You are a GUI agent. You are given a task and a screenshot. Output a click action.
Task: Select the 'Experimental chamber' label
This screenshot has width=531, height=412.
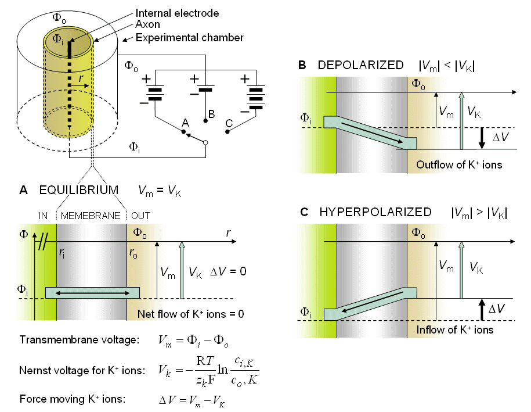coord(189,38)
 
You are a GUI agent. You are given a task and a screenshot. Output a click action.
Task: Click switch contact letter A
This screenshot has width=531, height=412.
coord(186,123)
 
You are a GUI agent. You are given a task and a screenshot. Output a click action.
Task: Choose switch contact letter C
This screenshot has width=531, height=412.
coord(229,123)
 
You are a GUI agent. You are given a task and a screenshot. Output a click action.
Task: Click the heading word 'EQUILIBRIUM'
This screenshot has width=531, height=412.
coord(79,190)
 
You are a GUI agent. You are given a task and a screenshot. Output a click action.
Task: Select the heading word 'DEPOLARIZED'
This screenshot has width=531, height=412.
coord(360,65)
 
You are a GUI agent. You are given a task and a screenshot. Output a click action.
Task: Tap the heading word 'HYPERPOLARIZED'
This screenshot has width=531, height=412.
coord(375,212)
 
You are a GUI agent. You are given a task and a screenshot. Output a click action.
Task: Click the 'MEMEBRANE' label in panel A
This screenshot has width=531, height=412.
coord(91,216)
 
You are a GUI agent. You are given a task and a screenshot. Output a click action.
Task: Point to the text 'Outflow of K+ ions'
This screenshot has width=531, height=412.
coord(459,165)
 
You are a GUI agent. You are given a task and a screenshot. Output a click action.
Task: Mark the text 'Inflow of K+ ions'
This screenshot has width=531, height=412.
coord(455,330)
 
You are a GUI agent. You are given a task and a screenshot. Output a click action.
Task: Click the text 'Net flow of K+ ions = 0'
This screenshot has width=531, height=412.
coord(190,314)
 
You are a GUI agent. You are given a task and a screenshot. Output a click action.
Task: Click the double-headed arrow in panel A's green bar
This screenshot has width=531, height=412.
coord(92,293)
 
